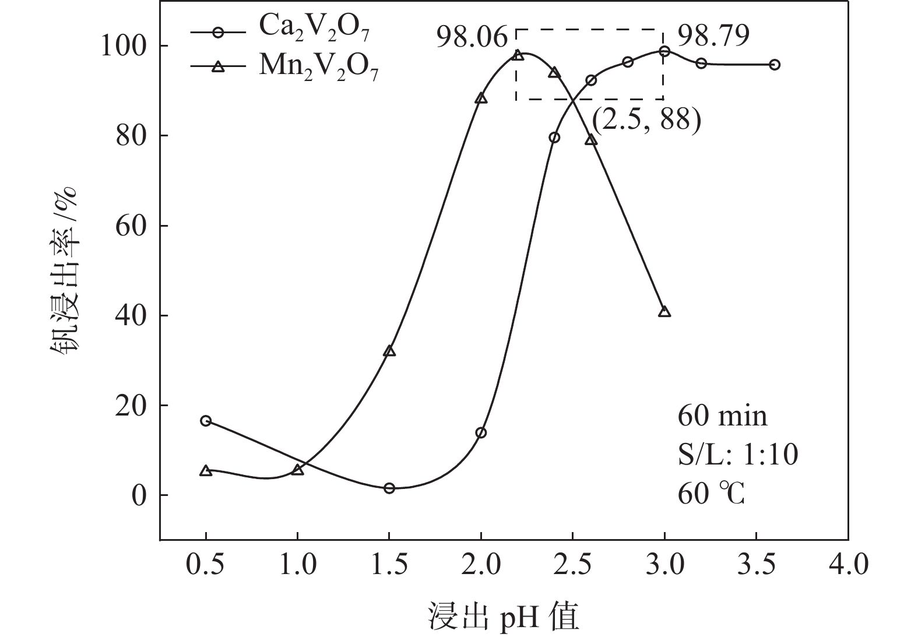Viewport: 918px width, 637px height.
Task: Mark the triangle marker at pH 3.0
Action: [664, 312]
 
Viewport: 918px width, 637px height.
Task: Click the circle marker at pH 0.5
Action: [206, 421]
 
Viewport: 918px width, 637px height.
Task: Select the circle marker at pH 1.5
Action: [389, 488]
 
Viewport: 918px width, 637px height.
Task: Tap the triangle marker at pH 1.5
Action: [389, 351]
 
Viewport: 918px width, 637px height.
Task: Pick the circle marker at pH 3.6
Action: [774, 65]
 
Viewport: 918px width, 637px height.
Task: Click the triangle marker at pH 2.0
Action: [481, 98]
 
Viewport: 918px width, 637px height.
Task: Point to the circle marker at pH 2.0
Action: [481, 432]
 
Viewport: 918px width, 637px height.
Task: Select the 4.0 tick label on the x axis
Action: [848, 564]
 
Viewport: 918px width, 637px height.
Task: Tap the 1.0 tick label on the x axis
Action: [297, 564]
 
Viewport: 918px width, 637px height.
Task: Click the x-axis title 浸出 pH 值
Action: [504, 617]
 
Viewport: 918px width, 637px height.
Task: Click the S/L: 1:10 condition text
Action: [737, 455]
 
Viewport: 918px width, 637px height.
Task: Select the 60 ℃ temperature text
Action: [711, 494]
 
